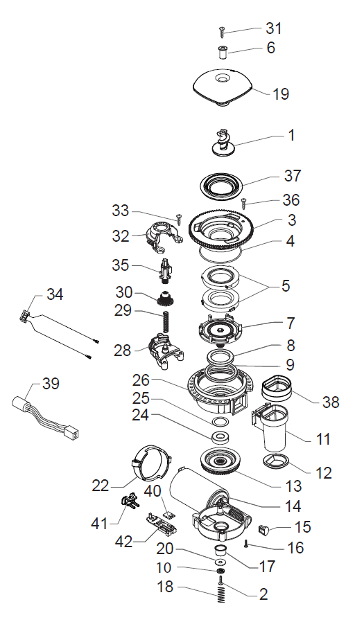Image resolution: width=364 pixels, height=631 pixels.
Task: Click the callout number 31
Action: (x=275, y=28)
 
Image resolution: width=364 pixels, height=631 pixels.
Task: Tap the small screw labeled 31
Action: (x=223, y=30)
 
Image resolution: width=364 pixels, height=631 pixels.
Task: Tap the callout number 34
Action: (x=55, y=294)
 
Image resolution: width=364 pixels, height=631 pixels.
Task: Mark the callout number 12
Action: (x=324, y=473)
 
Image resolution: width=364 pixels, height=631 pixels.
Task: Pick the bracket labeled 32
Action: (x=161, y=240)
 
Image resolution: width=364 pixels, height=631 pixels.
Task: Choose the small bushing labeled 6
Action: (x=223, y=53)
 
